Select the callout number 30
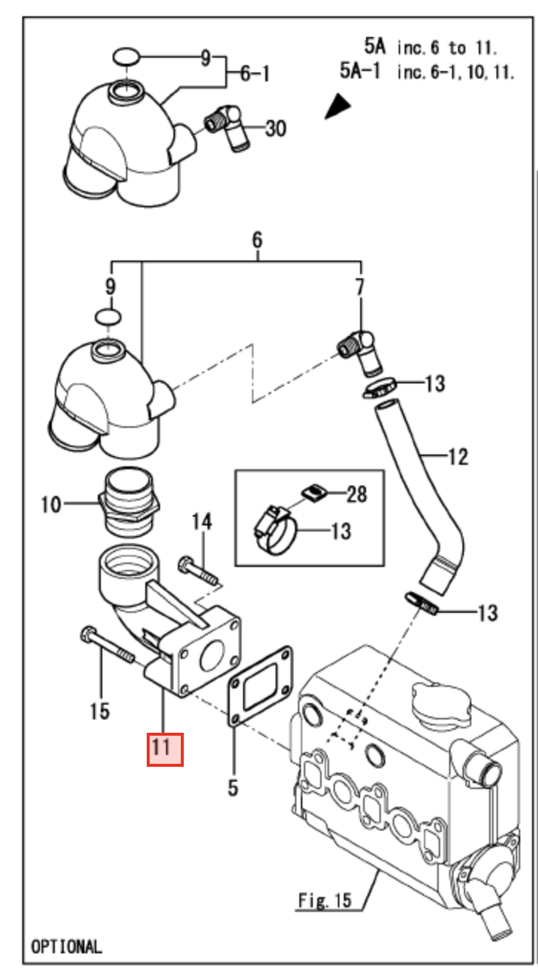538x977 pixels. point(275,129)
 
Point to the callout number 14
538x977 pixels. point(202,523)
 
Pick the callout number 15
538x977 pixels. point(99,712)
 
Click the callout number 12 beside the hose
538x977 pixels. point(457,457)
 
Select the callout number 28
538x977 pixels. point(356,494)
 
